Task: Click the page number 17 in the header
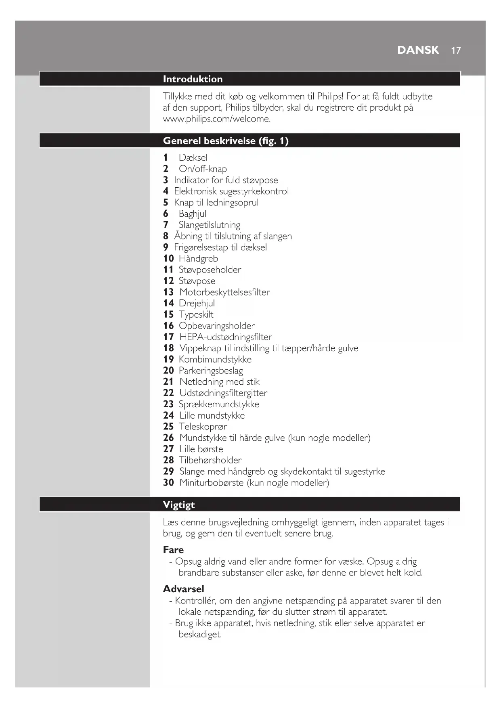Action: pos(456,50)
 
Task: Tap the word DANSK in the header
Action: pos(418,50)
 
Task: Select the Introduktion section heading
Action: pos(193,79)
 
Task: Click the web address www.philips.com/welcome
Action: pos(216,119)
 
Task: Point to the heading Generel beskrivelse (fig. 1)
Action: pos(226,141)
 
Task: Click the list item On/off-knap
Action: pos(203,169)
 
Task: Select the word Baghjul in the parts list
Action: pos(193,214)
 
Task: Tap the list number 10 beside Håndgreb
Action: pos(168,259)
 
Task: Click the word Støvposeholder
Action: pos(210,270)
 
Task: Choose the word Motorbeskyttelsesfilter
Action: pos(224,292)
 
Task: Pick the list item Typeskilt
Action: pos(196,314)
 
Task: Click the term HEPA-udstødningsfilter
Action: pos(226,337)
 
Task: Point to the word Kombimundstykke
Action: pos(215,360)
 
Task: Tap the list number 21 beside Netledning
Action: pos(168,382)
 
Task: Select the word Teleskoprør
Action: pos(203,427)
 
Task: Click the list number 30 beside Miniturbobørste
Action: pos(168,483)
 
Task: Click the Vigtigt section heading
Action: pos(179,505)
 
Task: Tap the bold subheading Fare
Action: pos(173,550)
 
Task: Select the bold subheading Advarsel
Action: pos(184,589)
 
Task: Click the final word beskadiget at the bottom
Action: pos(200,635)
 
